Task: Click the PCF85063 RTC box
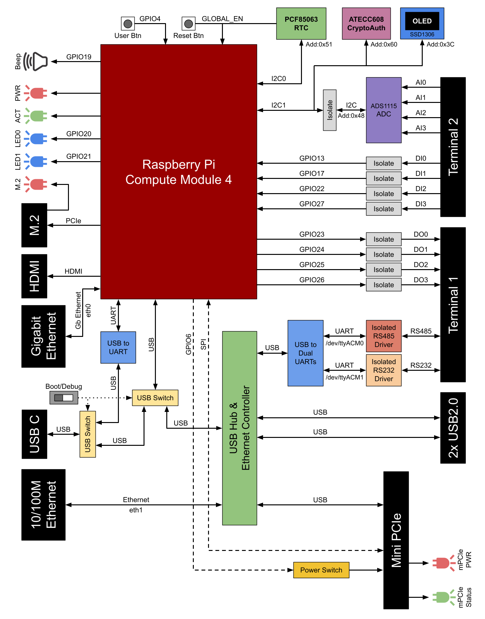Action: pyautogui.click(x=301, y=23)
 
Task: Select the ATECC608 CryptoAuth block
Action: pyautogui.click(x=366, y=23)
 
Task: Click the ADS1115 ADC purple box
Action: pyautogui.click(x=384, y=110)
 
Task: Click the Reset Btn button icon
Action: pyautogui.click(x=188, y=23)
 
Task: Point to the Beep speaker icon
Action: pyautogui.click(x=36, y=61)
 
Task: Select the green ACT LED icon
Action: pyautogui.click(x=36, y=116)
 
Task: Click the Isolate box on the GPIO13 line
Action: pyautogui.click(x=384, y=163)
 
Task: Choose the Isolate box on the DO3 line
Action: pyautogui.click(x=384, y=285)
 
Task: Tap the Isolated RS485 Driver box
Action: pyautogui.click(x=384, y=336)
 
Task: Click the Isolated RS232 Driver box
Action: pyautogui.click(x=384, y=370)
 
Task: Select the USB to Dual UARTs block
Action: pyautogui.click(x=305, y=353)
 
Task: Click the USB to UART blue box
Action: pyautogui.click(x=118, y=347)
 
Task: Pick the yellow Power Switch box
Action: pyautogui.click(x=321, y=570)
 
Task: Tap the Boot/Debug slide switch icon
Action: pyautogui.click(x=64, y=398)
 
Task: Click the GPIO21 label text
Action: pyautogui.click(x=78, y=156)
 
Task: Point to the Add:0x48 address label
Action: pyautogui.click(x=351, y=116)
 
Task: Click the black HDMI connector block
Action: pyautogui.click(x=34, y=276)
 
